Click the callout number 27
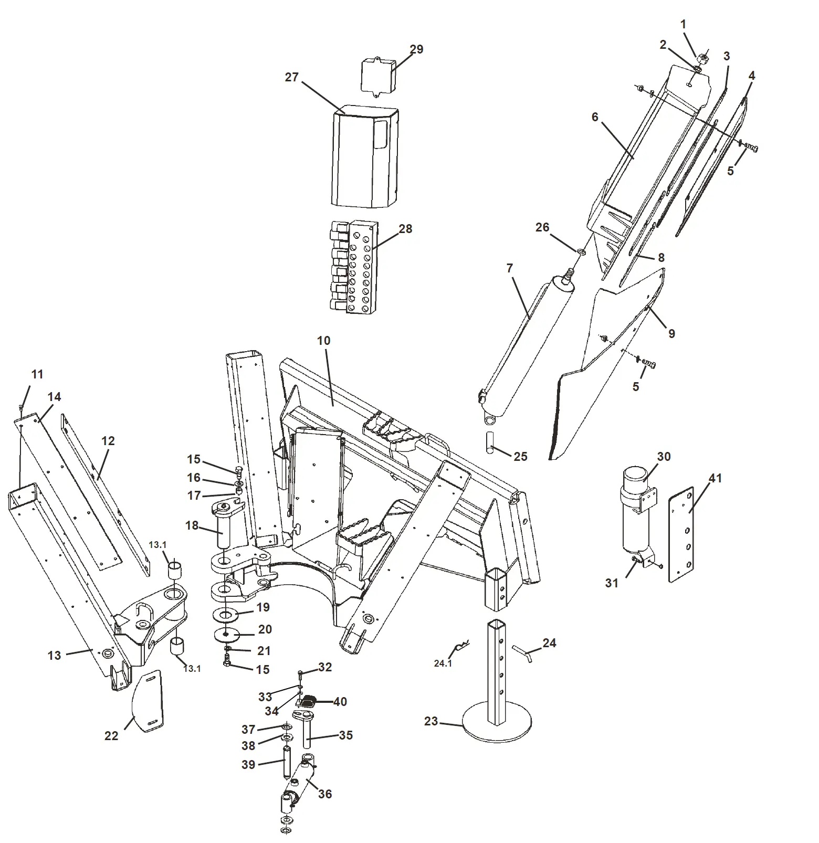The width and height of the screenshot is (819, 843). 291,77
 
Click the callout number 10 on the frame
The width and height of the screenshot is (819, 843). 323,341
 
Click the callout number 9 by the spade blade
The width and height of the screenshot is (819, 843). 671,333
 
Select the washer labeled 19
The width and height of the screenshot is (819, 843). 226,614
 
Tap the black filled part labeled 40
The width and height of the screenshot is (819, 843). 310,700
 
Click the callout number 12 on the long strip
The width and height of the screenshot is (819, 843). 108,441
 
